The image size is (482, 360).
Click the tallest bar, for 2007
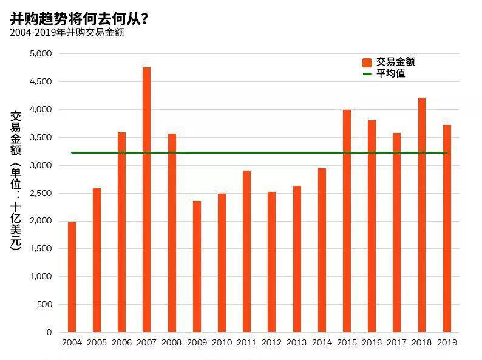(x=147, y=200)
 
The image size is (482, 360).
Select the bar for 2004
(x=72, y=277)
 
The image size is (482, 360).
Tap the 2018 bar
(x=422, y=215)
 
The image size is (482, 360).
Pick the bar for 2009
(x=197, y=267)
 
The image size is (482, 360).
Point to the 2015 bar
(x=347, y=221)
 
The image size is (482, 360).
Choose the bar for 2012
(x=271, y=262)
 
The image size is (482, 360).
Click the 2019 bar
(x=447, y=229)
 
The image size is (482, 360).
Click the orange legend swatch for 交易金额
(x=367, y=63)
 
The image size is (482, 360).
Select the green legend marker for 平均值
(x=367, y=74)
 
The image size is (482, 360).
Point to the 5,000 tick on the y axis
(x=41, y=54)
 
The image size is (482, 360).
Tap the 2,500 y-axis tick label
(x=41, y=194)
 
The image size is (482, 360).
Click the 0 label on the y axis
(x=49, y=332)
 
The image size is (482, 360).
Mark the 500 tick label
(x=44, y=304)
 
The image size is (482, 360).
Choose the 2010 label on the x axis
(x=222, y=342)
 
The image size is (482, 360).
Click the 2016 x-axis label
(x=372, y=342)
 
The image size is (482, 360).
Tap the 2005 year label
(x=97, y=342)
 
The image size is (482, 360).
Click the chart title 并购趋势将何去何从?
(x=79, y=19)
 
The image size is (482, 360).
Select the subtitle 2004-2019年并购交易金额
(x=67, y=33)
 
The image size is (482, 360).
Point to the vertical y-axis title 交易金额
(x=15, y=133)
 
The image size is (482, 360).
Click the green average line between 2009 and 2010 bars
(x=209, y=152)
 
